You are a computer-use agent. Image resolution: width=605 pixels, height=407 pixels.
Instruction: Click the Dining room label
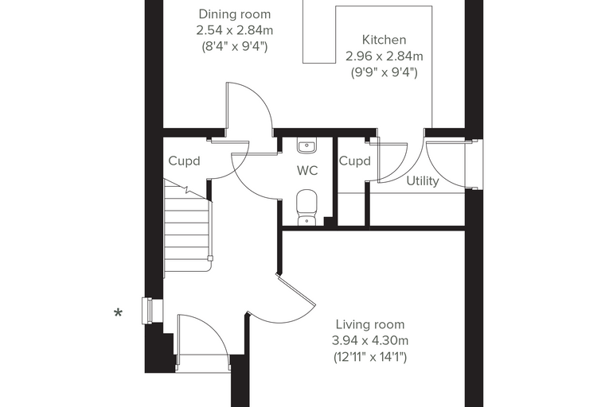(x=235, y=14)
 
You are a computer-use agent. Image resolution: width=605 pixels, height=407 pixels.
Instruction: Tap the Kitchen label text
(x=384, y=40)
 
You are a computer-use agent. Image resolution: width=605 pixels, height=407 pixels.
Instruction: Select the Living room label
(x=370, y=324)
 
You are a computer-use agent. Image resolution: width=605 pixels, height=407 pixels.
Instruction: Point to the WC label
(x=307, y=170)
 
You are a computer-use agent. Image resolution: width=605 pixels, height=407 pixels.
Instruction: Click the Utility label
(x=423, y=180)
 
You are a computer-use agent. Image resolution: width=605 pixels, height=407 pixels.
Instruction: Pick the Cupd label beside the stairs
(x=184, y=161)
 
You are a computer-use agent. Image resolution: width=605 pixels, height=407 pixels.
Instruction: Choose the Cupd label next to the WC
(x=354, y=161)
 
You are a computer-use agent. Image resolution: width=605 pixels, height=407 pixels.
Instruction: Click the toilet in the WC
(x=307, y=207)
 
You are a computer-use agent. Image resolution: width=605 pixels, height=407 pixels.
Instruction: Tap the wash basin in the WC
(x=307, y=146)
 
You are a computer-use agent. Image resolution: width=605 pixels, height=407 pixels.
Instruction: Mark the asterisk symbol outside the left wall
(x=119, y=313)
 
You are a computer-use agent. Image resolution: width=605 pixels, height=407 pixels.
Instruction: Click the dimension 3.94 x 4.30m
(x=370, y=341)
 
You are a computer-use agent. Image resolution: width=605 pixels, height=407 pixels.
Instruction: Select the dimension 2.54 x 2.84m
(x=235, y=30)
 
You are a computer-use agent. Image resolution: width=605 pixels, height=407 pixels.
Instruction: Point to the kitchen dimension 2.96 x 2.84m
(x=384, y=56)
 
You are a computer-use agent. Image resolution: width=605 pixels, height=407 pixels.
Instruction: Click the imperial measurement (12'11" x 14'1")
(x=370, y=357)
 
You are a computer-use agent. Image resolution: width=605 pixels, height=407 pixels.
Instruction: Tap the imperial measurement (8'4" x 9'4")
(x=235, y=47)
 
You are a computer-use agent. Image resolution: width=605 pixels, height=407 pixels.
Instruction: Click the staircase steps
(x=188, y=227)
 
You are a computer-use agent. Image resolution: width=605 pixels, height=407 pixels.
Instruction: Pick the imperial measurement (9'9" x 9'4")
(x=384, y=72)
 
